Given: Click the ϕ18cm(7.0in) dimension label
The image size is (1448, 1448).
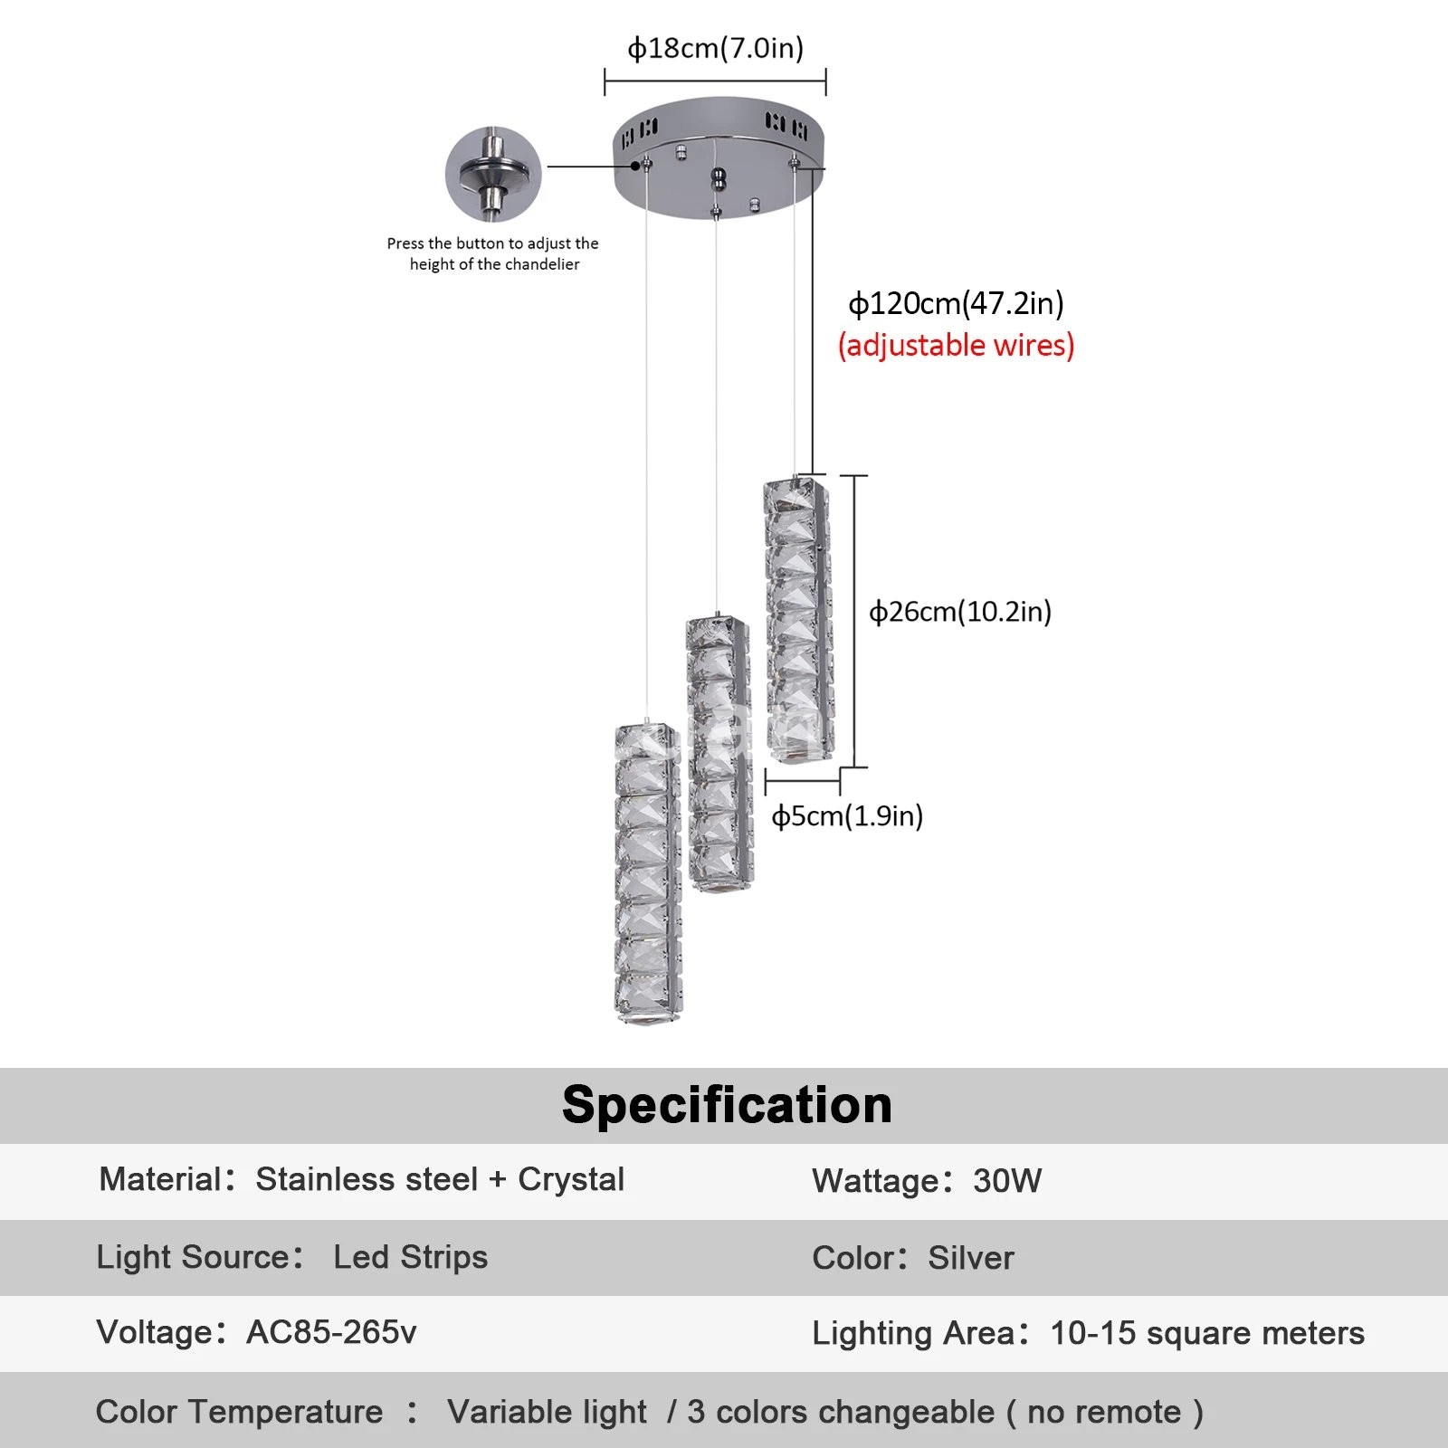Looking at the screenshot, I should tap(715, 48).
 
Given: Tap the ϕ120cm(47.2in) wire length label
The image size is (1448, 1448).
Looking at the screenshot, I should tap(956, 303).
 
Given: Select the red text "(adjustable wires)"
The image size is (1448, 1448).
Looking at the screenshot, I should tap(956, 346).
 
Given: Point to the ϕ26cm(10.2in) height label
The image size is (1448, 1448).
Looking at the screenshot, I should tap(959, 612).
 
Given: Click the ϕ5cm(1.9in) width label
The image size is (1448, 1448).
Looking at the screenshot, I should tap(846, 816).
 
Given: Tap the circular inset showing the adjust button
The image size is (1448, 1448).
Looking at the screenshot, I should tap(493, 174).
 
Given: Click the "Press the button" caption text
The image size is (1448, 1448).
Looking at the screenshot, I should tap(493, 253).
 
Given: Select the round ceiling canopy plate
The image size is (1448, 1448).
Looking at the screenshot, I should tap(719, 158).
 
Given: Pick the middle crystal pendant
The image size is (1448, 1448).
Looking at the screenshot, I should tap(719, 754).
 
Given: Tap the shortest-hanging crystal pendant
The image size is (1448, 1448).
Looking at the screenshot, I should tap(797, 621).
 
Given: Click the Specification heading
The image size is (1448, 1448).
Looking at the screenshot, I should tap(727, 1105).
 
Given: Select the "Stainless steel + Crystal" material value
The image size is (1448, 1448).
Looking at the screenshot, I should tap(440, 1179).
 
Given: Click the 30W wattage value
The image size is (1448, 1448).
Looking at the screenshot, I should tap(1007, 1181).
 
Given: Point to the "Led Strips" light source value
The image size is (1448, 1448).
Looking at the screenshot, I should tap(410, 1257).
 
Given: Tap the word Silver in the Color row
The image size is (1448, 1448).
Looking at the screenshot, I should tap(971, 1258).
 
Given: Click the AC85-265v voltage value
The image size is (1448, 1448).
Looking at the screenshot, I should tap(331, 1332).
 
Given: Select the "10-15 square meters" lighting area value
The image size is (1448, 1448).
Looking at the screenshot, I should tap(1206, 1333).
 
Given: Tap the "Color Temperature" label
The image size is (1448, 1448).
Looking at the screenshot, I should tap(239, 1412).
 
